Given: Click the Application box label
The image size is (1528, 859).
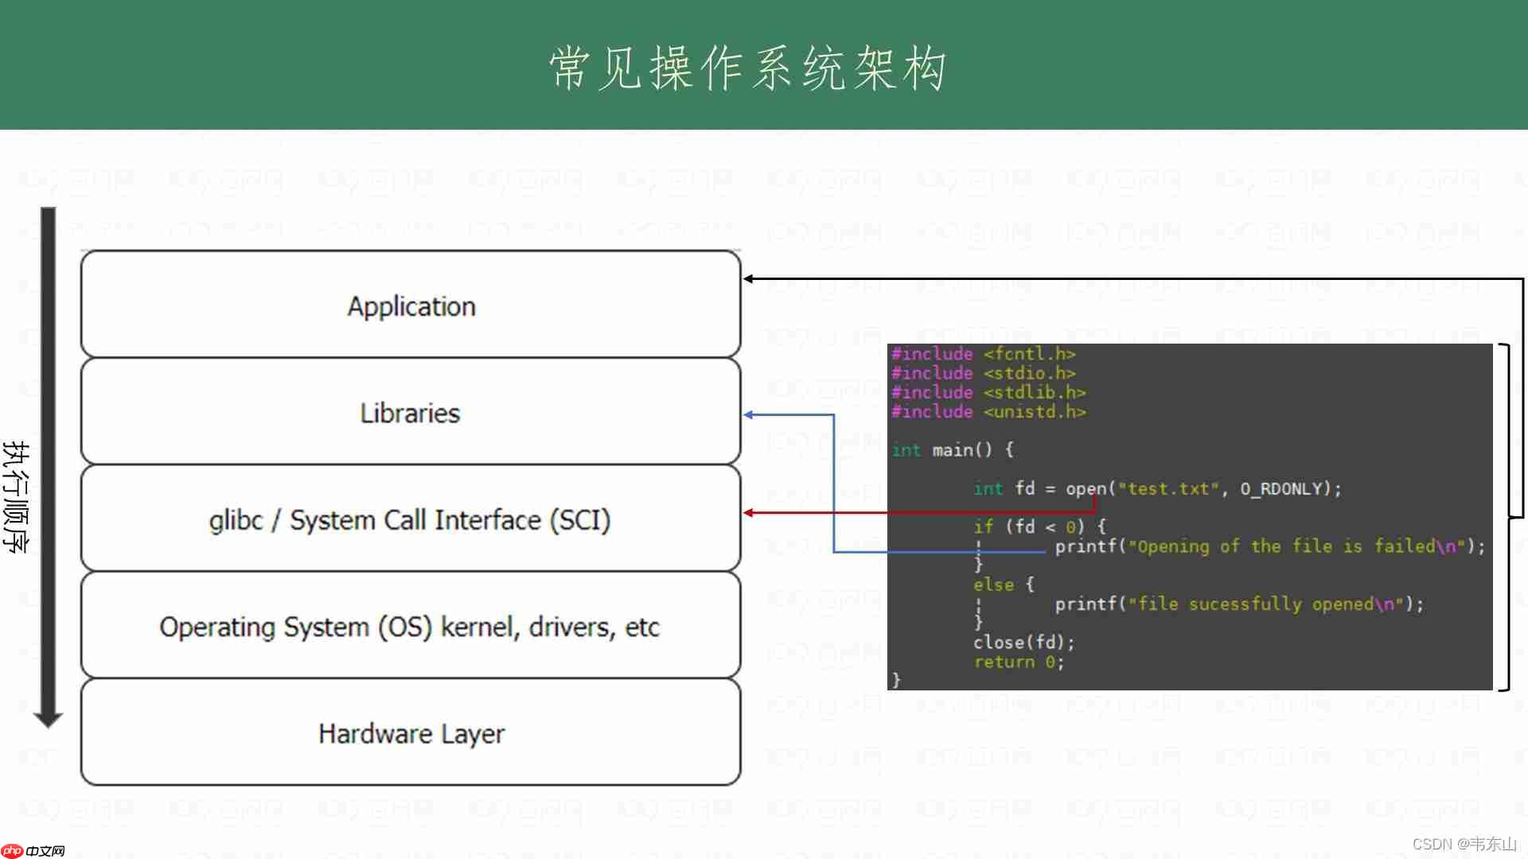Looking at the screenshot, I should point(411,306).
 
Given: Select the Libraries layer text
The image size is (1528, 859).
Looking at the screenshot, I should point(410,413).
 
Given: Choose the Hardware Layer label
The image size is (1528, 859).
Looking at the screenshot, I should point(411,733).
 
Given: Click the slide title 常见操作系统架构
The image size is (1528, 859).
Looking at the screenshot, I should point(748,68).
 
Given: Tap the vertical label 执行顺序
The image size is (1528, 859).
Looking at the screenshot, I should point(16,496).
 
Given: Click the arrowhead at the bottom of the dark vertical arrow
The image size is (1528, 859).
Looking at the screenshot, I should point(48,720).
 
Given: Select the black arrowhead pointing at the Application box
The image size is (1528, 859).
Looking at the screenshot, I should point(749,279).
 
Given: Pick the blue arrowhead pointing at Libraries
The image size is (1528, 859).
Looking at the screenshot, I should point(749,415).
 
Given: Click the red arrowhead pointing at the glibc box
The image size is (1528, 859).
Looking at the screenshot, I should point(749,513).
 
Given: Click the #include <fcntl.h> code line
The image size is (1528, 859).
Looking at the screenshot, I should point(983,354).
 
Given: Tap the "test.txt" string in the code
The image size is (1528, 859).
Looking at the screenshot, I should point(1168,488).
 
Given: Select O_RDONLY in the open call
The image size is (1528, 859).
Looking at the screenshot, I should point(1280,488).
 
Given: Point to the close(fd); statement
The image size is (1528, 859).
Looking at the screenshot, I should point(1023,642).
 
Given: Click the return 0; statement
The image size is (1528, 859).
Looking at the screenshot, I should point(1019,662).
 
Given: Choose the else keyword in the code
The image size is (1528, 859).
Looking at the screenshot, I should point(993,585).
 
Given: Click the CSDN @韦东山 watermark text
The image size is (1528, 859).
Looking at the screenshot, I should point(1464,844).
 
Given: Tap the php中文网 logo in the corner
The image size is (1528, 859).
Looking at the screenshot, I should point(33,850).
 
